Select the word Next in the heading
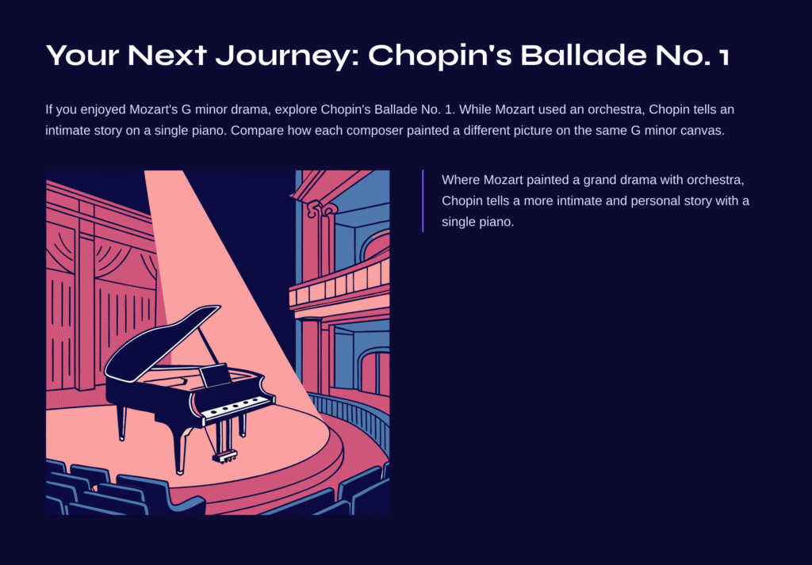(x=167, y=55)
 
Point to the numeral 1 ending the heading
(x=723, y=56)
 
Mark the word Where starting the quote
(x=461, y=180)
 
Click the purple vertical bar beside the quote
(x=423, y=200)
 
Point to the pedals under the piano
(x=224, y=457)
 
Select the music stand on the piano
(x=216, y=376)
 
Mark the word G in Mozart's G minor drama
(x=186, y=109)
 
